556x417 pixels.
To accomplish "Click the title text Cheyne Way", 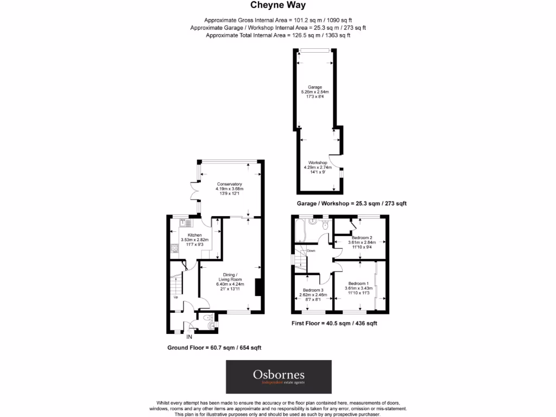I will click(277, 5).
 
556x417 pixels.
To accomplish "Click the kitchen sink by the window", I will click(185, 223).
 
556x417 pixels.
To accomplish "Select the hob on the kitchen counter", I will click(175, 249).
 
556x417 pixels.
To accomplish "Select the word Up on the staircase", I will click(175, 297).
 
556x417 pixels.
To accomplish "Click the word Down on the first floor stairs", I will click(311, 251).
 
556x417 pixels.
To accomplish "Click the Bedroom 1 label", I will click(358, 283).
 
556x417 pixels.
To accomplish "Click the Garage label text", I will click(315, 87).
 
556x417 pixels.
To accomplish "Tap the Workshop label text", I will click(318, 162).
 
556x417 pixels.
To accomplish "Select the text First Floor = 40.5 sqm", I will click(333, 323).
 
